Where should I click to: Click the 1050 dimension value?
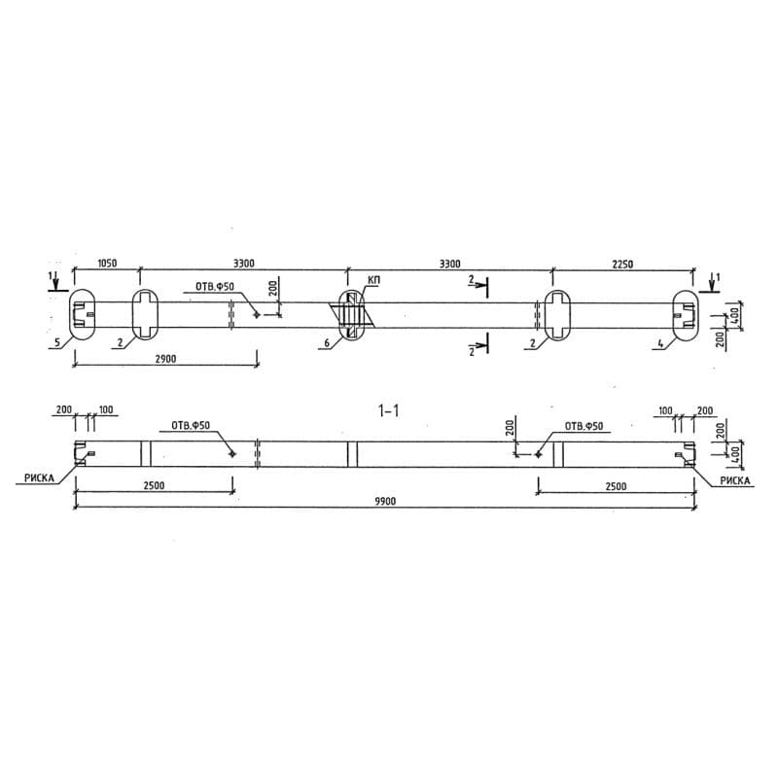pyautogui.click(x=107, y=263)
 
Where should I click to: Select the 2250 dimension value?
pyautogui.click(x=623, y=263)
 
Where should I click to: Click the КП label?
pyautogui.click(x=373, y=281)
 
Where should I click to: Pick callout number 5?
pyautogui.click(x=57, y=342)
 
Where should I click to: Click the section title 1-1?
pyautogui.click(x=388, y=411)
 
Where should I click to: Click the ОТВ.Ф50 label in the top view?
pyautogui.click(x=215, y=287)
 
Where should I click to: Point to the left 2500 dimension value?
pyautogui.click(x=153, y=486)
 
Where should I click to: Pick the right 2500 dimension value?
pyautogui.click(x=615, y=486)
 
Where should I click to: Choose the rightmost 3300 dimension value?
pyautogui.click(x=449, y=263)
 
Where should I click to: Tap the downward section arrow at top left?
pyautogui.click(x=57, y=283)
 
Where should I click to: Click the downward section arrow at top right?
pyautogui.click(x=713, y=283)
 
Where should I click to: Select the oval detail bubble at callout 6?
pyautogui.click(x=355, y=314)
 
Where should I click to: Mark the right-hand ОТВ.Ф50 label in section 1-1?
pyautogui.click(x=583, y=426)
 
